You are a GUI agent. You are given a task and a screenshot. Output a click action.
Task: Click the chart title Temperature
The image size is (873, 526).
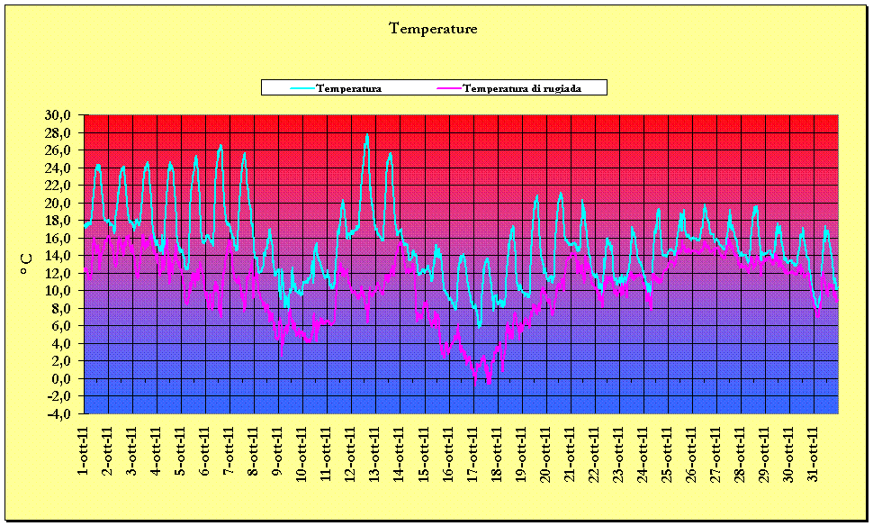coord(433,29)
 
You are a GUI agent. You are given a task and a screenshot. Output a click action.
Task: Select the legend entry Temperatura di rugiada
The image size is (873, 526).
coord(521,88)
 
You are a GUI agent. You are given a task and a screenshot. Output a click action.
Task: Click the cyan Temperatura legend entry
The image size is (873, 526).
coord(348,88)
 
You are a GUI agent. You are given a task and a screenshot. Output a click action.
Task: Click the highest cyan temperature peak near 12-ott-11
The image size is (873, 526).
coord(366,135)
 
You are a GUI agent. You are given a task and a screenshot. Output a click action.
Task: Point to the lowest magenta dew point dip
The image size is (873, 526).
coord(489,383)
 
